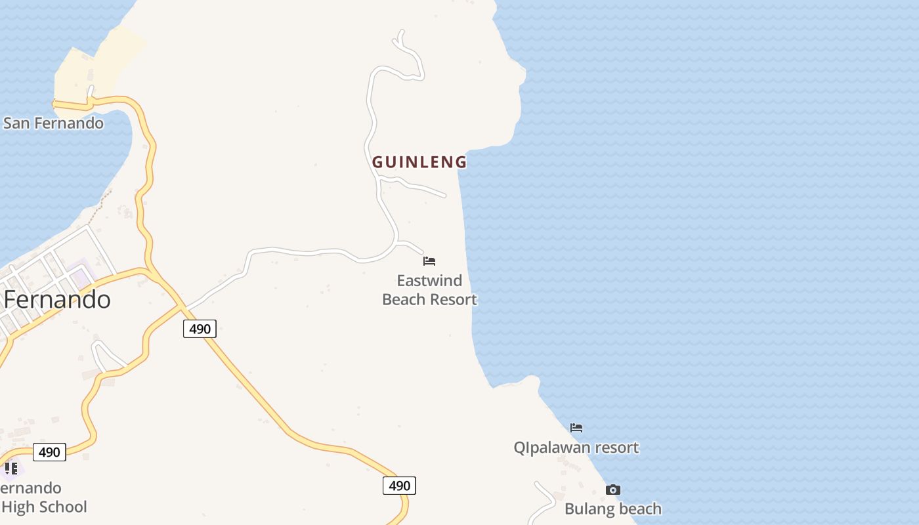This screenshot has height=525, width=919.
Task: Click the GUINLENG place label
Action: pos(419,162)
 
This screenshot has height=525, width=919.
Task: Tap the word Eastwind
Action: pos(429,281)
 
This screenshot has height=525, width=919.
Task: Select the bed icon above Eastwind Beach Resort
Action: pos(429,261)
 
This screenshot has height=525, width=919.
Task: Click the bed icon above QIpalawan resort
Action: pos(576,428)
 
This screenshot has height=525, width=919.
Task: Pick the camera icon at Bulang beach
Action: pos(612,490)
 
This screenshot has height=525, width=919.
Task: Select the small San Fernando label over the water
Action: pos(53,123)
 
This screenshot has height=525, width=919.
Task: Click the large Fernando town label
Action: pos(57,300)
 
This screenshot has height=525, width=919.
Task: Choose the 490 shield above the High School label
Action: pos(49,452)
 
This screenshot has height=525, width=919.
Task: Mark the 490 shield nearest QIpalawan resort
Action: pos(399,486)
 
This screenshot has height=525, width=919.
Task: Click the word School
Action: pos(62,507)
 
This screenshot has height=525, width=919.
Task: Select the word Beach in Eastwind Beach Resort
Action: pos(403,300)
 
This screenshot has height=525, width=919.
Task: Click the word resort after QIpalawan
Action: pos(614,448)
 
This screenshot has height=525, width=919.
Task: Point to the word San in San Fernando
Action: pos(16,123)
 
